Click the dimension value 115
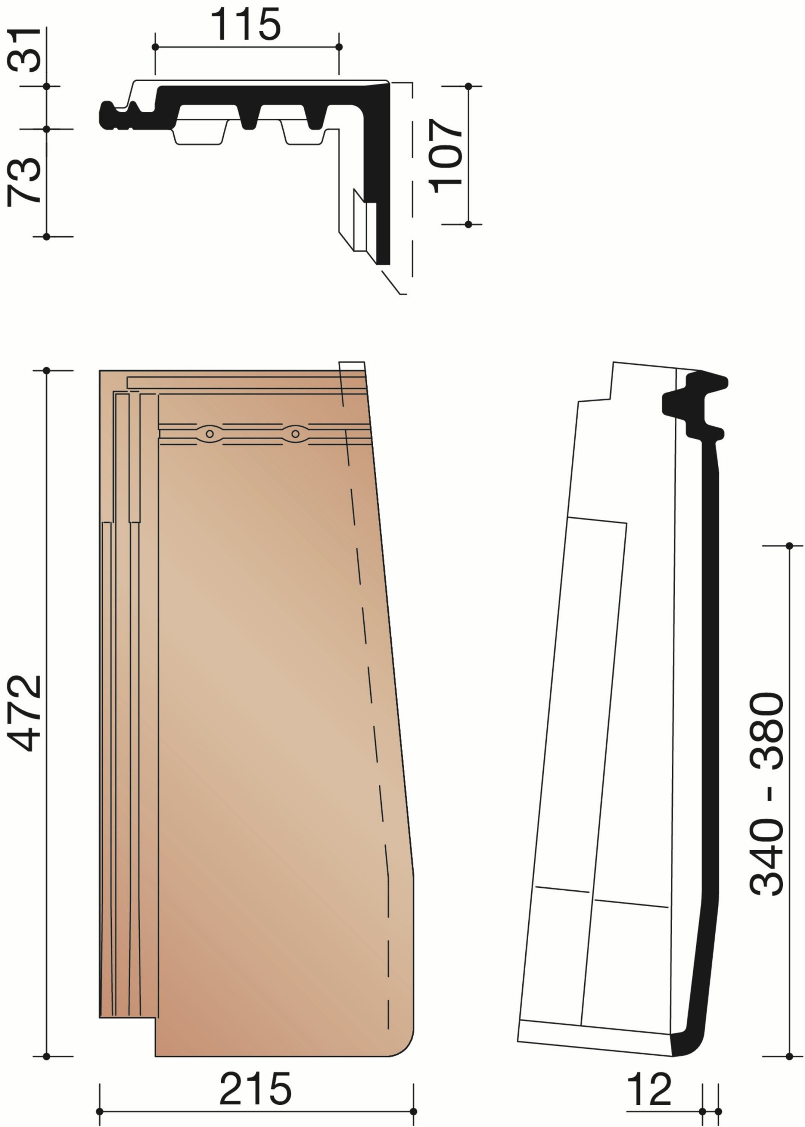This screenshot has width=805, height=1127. pyautogui.click(x=246, y=24)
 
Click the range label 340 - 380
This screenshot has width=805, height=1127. pyautogui.click(x=766, y=794)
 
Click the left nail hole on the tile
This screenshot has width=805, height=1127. pyautogui.click(x=210, y=434)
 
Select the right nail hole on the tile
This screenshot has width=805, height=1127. pyautogui.click(x=296, y=434)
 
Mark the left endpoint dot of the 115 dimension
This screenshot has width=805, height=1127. pyautogui.click(x=155, y=47)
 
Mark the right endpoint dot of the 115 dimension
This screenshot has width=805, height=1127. pyautogui.click(x=339, y=47)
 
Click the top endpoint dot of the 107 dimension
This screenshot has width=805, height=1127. pyautogui.click(x=468, y=86)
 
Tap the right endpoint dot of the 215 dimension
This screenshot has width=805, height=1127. pyautogui.click(x=413, y=1111)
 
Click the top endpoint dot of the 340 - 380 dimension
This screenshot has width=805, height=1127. pyautogui.click(x=789, y=546)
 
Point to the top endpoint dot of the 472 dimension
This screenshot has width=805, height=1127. pyautogui.click(x=47, y=370)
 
